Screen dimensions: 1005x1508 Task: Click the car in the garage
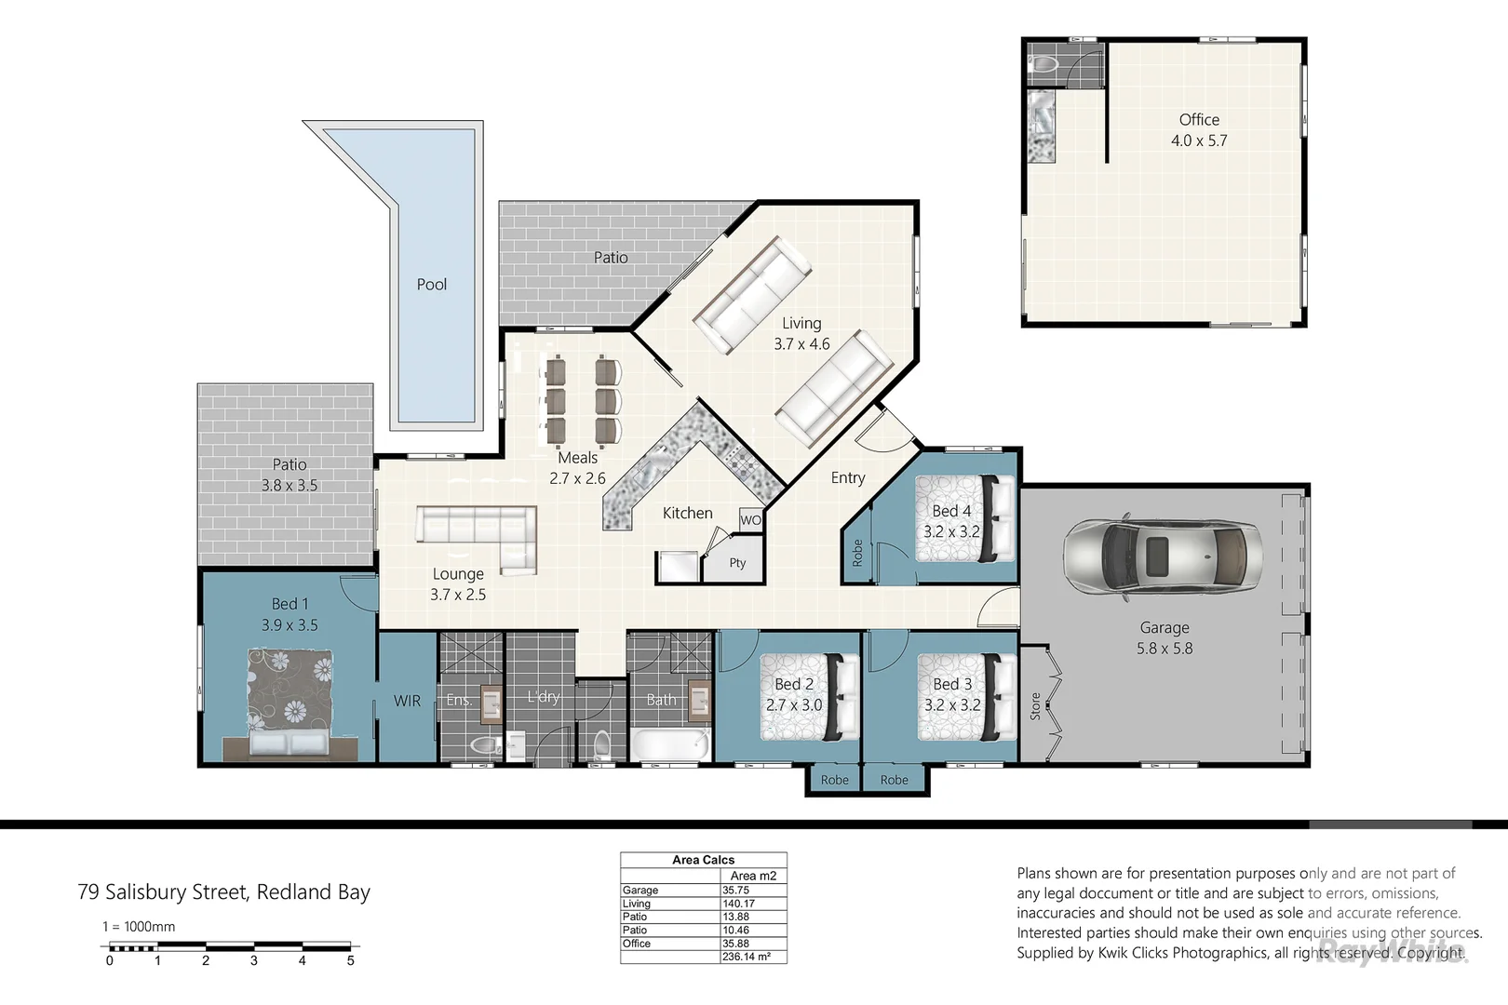click(x=1163, y=556)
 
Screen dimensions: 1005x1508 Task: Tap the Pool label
click(x=431, y=285)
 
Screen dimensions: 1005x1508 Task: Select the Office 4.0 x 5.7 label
click(x=1199, y=130)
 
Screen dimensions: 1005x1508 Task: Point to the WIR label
click(x=407, y=701)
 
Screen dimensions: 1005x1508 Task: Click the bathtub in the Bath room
click(x=669, y=744)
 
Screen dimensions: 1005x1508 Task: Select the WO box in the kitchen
click(x=750, y=520)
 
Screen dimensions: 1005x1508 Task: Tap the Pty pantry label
click(x=737, y=563)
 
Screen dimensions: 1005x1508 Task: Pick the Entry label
click(x=847, y=477)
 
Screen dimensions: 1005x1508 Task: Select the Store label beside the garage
click(x=1035, y=706)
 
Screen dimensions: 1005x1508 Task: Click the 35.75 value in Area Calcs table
click(x=735, y=891)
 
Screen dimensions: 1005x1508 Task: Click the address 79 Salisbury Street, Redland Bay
click(x=223, y=892)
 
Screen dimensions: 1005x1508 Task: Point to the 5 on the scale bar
click(x=350, y=960)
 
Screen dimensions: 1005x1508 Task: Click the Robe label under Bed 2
click(x=834, y=780)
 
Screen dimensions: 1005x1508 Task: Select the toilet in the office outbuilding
click(x=1044, y=63)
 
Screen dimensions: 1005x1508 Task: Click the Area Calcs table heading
click(x=703, y=860)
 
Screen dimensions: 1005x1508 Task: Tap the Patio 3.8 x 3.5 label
click(x=289, y=475)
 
